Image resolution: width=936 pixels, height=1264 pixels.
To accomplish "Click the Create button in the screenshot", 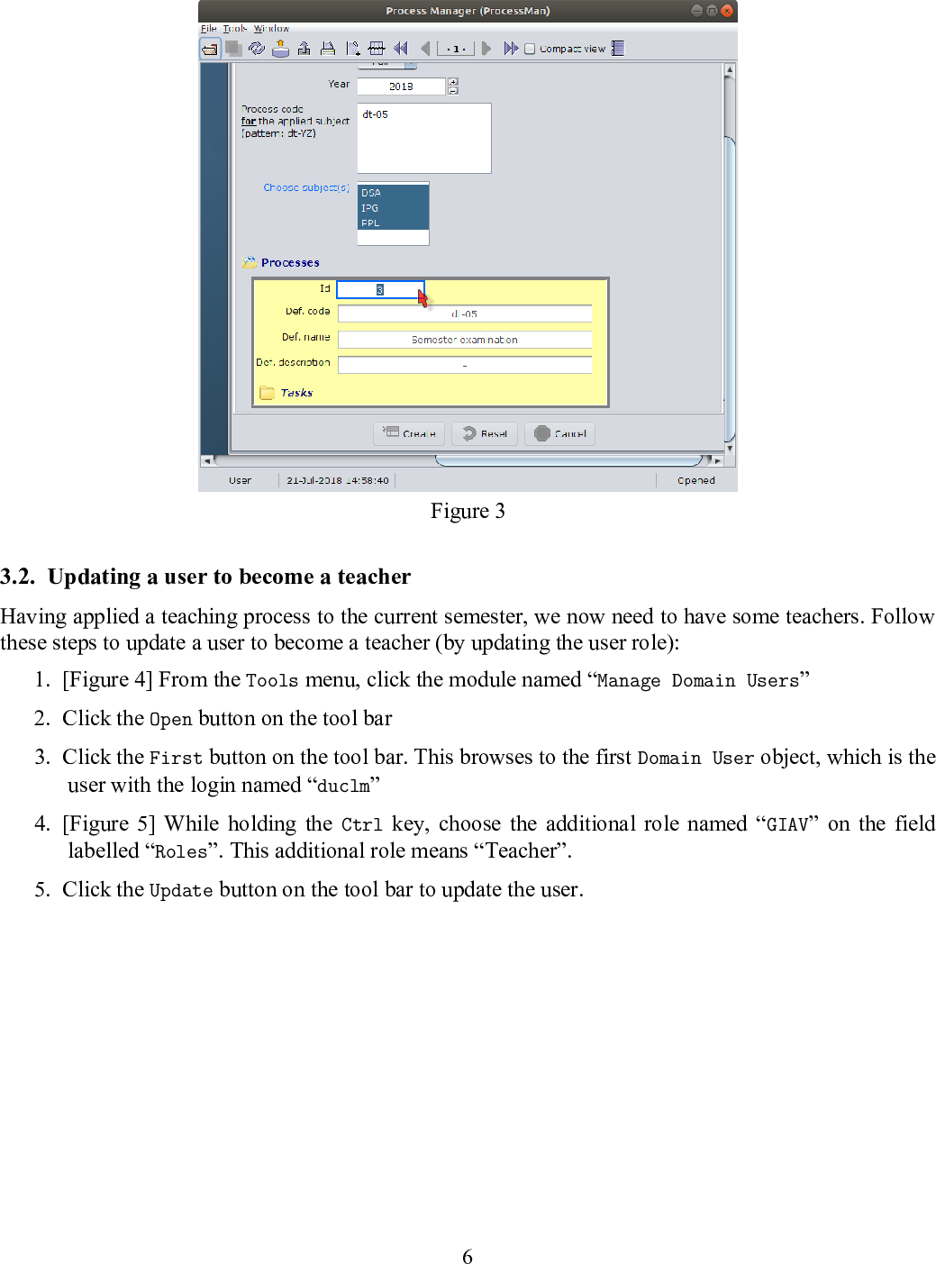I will point(410,433).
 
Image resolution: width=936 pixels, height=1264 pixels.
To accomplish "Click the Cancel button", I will point(560,433).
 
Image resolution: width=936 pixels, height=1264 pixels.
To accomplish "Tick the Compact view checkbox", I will point(530,49).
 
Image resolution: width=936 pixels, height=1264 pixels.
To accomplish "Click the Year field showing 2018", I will point(401,86).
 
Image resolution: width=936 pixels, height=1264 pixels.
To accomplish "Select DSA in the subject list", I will point(371,193).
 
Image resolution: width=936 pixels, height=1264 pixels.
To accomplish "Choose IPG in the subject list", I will point(370,208).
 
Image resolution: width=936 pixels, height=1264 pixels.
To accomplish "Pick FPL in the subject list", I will point(370,223).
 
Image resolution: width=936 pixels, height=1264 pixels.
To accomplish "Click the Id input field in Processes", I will point(379,289).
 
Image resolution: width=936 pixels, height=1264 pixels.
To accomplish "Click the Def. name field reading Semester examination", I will point(465,340).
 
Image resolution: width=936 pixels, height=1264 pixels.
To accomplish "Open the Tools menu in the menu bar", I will point(234,29).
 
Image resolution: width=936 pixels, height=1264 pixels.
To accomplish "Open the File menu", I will point(208,29).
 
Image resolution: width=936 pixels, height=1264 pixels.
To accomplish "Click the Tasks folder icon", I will point(267,393).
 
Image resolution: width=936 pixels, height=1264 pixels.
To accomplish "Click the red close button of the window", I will point(727,11).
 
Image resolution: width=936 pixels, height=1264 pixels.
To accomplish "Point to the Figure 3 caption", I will point(468,511).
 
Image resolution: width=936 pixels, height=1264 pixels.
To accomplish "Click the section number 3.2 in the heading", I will point(17,577).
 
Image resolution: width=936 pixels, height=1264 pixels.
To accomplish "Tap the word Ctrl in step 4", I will point(361,824).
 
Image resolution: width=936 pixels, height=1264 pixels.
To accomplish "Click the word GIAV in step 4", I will point(786,824).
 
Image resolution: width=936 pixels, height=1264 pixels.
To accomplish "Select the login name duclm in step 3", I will point(343,786).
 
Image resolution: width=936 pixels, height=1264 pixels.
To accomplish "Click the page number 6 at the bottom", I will point(468,1257).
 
